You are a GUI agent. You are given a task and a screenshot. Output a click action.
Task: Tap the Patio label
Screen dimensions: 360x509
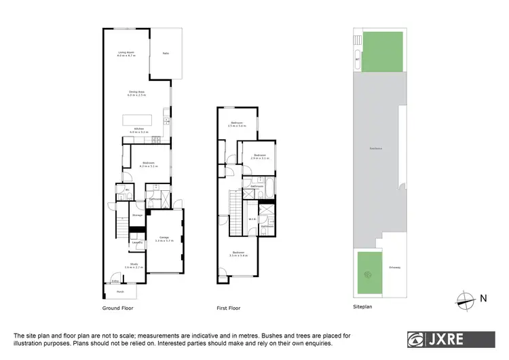tap(166, 54)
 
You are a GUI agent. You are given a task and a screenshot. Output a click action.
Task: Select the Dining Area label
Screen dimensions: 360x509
tap(137, 93)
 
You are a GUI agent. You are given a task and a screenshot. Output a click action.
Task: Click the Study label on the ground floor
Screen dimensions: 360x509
tap(134, 266)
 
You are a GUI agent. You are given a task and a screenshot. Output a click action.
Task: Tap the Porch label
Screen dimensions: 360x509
tap(119, 291)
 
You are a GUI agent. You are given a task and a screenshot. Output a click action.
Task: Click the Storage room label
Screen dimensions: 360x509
tap(137, 215)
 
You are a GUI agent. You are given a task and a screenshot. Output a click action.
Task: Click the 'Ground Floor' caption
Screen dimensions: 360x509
tap(117, 308)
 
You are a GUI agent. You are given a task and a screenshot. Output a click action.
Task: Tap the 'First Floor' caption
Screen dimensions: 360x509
tap(229, 308)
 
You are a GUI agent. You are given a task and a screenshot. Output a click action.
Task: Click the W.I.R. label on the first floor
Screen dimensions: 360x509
tap(251, 219)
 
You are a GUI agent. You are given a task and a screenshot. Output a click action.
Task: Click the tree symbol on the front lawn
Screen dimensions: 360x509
tap(368, 276)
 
